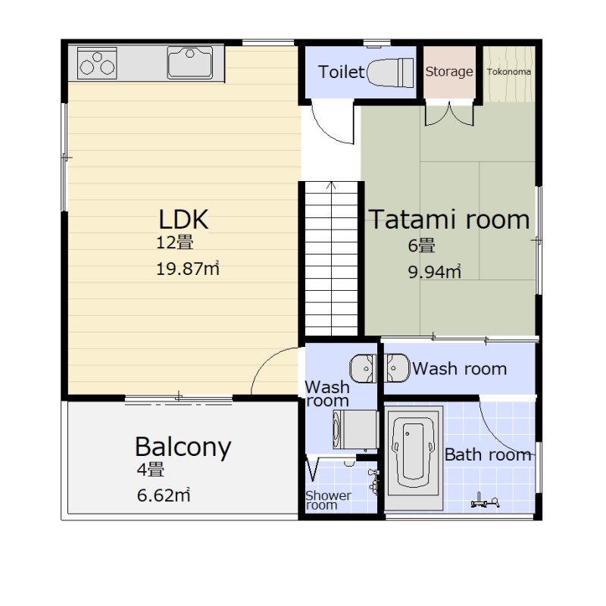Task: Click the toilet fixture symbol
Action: (389, 72)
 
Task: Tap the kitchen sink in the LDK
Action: (190, 63)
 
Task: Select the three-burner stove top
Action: (97, 64)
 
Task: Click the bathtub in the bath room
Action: (413, 458)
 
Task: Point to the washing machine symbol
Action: (355, 430)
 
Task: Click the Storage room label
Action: (449, 71)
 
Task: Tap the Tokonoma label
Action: (508, 72)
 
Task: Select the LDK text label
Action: (183, 219)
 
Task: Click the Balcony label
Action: (183, 447)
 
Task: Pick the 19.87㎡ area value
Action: (188, 269)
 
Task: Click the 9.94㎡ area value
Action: (434, 272)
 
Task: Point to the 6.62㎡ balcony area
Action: (164, 495)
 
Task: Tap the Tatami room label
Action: (449, 220)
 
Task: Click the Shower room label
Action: (328, 500)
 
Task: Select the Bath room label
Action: (488, 454)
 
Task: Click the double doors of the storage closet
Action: (449, 114)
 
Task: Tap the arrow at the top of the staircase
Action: (331, 186)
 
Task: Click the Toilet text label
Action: (342, 72)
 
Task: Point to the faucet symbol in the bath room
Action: (485, 501)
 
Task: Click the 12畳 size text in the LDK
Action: (175, 242)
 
